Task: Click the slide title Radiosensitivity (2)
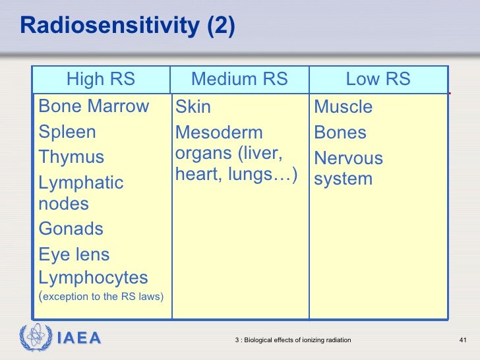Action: click(127, 26)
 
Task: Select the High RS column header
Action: click(100, 80)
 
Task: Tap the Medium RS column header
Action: click(239, 80)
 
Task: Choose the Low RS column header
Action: click(378, 80)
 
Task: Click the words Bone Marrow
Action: click(94, 106)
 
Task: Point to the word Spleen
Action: click(67, 132)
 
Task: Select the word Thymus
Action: click(71, 158)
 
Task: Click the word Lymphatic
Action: click(81, 183)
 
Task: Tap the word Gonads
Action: click(71, 229)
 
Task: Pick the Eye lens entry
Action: click(74, 255)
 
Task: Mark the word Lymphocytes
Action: click(93, 278)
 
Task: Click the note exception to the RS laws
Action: click(103, 297)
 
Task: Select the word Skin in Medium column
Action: click(193, 107)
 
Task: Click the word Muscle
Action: click(343, 107)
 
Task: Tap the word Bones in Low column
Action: click(340, 133)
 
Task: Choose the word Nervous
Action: click(348, 158)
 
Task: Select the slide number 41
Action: click(462, 340)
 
